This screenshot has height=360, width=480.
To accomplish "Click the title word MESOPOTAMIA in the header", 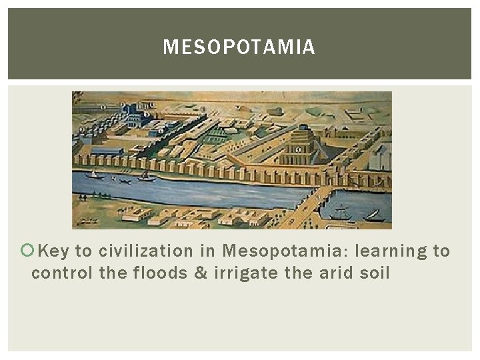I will pos(239,47).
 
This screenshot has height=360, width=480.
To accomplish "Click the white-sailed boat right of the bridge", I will pos(373,215).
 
